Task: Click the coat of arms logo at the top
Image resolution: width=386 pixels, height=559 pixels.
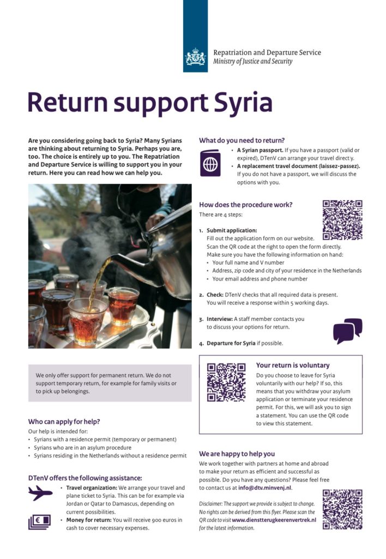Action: [195, 57]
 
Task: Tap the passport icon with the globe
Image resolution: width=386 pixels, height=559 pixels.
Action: [210, 163]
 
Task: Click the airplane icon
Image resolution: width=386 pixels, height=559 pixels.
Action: [40, 493]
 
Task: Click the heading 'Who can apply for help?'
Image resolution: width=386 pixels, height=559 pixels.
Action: [64, 421]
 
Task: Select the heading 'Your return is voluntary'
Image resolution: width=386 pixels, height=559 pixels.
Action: [293, 365]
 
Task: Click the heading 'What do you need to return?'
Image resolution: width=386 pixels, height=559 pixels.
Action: [242, 140]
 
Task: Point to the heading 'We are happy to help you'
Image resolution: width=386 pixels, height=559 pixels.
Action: [237, 454]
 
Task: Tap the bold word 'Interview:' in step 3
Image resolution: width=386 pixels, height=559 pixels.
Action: [219, 319]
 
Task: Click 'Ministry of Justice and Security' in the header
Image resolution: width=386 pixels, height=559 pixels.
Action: [252, 61]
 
